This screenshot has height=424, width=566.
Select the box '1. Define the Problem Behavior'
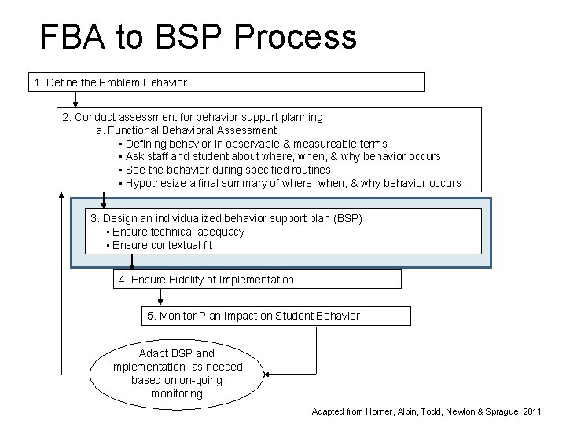(x=227, y=82)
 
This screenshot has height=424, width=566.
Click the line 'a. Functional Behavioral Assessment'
(x=186, y=130)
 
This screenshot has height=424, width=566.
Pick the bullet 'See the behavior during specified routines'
(x=227, y=170)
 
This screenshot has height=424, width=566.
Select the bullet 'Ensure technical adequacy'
(x=178, y=232)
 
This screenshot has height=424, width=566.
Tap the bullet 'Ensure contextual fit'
(x=162, y=245)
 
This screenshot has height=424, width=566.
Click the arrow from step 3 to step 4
(x=132, y=261)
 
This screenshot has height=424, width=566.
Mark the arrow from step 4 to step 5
(x=160, y=297)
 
